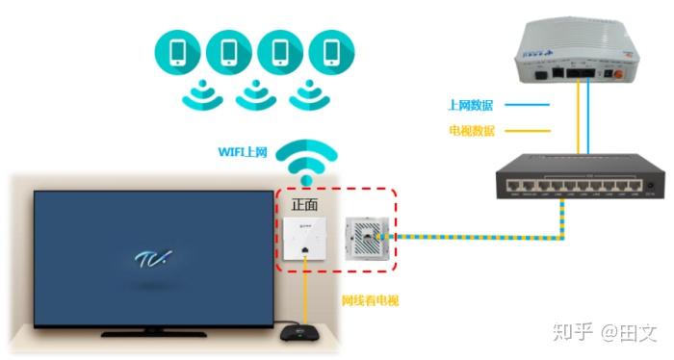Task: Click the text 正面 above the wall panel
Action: coord(305,205)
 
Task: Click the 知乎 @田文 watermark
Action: coord(603,333)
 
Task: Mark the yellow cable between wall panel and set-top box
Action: coord(307,298)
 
